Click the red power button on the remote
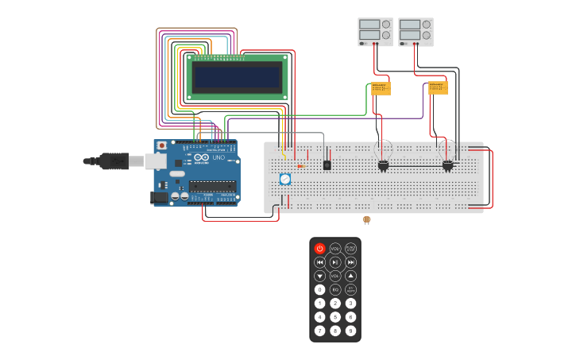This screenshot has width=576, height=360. point(319,249)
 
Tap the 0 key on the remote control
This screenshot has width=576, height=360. point(319,290)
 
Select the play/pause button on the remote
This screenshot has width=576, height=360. point(335,262)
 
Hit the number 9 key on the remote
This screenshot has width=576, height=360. point(350,331)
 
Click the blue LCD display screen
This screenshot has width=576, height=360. point(238,77)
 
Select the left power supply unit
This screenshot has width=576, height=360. point(375,32)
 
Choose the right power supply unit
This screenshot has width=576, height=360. point(416,32)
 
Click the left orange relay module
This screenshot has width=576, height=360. point(381,88)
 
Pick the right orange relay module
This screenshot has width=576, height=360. point(438,87)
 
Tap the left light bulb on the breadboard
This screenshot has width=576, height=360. point(383,152)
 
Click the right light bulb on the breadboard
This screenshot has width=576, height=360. point(447,152)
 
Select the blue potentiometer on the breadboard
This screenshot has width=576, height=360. point(284,180)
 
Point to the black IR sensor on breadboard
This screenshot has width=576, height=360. point(327,165)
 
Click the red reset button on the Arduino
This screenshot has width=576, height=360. point(162,145)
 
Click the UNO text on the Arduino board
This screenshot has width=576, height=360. point(218,157)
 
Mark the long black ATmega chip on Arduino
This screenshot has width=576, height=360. point(211,186)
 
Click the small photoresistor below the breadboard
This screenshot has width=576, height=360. point(366,219)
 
